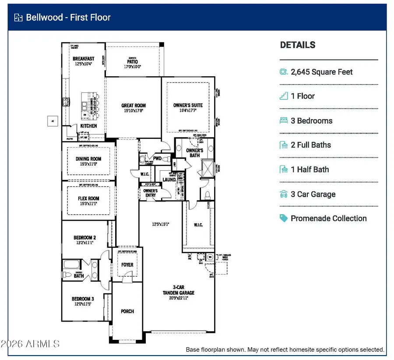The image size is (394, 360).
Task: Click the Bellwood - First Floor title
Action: (68, 18)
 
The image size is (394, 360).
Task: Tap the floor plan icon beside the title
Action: (18, 18)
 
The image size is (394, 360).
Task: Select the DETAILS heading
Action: (298, 45)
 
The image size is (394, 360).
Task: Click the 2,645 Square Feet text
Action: (322, 72)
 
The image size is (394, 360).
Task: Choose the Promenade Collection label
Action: (328, 218)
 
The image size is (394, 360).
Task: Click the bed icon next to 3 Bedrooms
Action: (284, 120)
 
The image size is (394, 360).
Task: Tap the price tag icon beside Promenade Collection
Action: (284, 218)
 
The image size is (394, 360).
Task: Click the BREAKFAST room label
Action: (84, 59)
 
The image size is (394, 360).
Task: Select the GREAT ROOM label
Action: (134, 106)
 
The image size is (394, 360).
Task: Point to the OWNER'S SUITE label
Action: (187, 105)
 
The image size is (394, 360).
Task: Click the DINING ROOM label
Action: (88, 159)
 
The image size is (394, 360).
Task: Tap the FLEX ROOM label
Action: (89, 198)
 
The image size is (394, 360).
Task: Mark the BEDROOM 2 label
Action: (84, 238)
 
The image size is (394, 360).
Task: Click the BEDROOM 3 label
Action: (83, 299)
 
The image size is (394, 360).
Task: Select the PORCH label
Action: (127, 311)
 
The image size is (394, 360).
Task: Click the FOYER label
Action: (127, 265)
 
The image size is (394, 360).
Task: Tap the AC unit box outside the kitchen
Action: (52, 121)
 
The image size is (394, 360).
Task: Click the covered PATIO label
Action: (133, 62)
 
